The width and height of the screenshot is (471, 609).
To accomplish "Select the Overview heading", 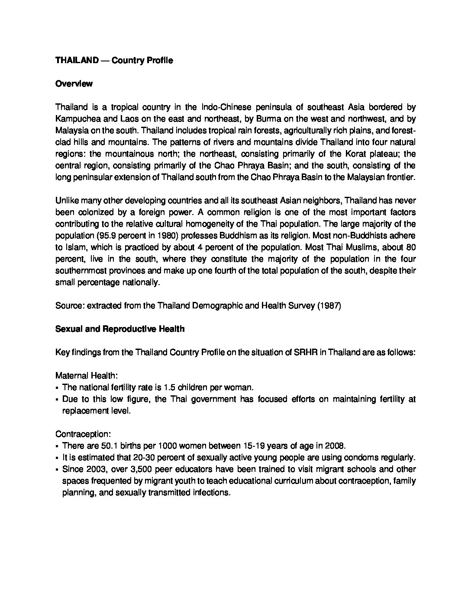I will [74, 84].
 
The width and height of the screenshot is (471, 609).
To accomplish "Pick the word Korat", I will [355, 154].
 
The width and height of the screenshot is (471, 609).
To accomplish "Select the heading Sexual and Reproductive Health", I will [120, 329].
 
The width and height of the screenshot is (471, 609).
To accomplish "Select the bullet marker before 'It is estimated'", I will [57, 458].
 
